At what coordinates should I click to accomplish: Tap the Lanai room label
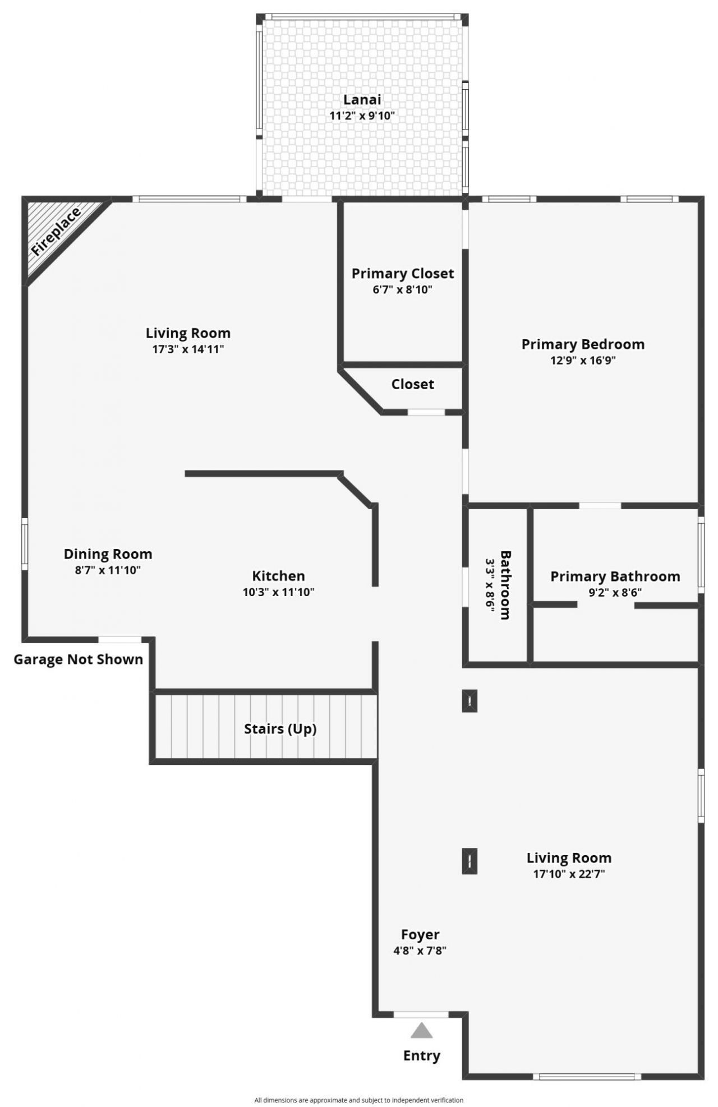[362, 100]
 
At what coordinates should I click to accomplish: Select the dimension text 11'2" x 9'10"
[362, 116]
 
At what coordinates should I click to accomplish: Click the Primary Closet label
[402, 274]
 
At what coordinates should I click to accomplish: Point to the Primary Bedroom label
[583, 344]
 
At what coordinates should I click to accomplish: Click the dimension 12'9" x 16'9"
[583, 361]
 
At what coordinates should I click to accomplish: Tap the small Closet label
[412, 385]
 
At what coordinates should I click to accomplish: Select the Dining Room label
[108, 554]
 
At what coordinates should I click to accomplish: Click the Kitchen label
[278, 576]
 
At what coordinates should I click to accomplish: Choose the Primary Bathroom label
[615, 576]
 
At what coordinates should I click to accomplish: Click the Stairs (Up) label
[280, 729]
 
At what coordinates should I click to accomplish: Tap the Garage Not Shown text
[78, 659]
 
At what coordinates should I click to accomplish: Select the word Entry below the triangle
[421, 1056]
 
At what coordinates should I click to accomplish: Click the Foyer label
[420, 935]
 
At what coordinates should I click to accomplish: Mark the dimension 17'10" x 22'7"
[569, 874]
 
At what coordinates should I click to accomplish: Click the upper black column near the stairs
[470, 700]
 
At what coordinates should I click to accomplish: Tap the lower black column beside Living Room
[470, 861]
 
